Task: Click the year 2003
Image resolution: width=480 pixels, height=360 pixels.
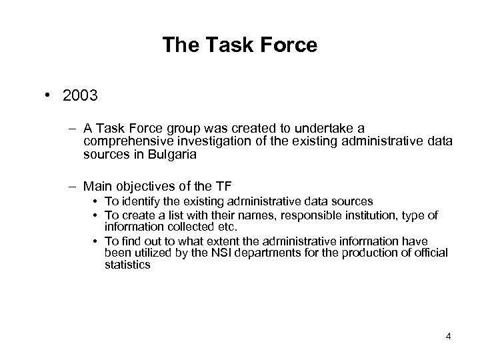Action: coord(81,96)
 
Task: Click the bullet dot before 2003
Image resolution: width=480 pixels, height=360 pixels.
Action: coord(49,96)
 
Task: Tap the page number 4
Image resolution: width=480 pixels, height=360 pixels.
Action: coord(449,335)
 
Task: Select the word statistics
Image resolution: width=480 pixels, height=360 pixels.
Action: coord(127,265)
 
